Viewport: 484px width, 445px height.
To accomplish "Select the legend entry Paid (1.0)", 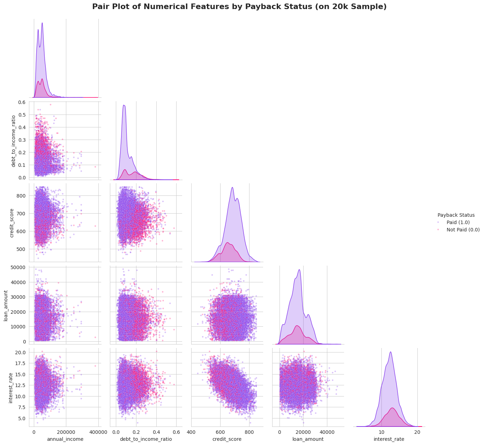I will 458,222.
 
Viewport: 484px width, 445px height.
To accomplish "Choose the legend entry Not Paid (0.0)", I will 463,230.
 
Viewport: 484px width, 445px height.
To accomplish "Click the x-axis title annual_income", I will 65,439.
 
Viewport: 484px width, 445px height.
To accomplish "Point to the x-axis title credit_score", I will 227,439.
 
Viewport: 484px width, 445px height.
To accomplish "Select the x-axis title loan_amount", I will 308,439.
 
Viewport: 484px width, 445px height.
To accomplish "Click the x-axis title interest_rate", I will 389,439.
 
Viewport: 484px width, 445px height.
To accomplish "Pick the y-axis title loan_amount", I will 6,304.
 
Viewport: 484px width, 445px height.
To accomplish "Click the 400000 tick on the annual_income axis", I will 98,432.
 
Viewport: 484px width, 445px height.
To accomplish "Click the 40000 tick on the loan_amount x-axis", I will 327,432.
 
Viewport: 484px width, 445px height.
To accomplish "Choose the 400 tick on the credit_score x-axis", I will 191,432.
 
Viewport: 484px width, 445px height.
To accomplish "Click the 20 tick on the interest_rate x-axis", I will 417,432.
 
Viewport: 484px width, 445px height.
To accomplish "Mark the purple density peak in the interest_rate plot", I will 390,352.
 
